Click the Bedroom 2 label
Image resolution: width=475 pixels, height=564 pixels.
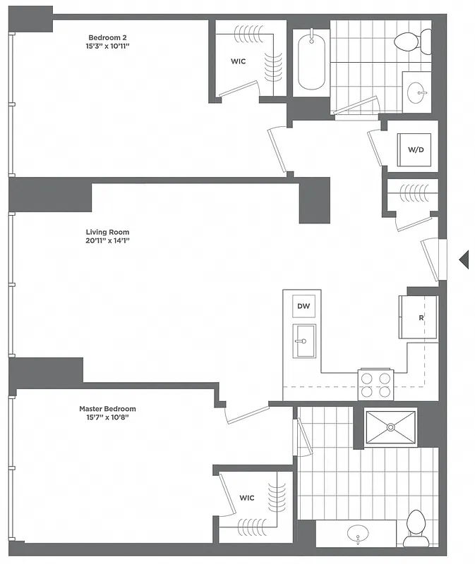tap(107, 37)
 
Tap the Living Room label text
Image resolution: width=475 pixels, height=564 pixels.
tap(107, 232)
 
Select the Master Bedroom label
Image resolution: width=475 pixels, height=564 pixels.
tap(107, 409)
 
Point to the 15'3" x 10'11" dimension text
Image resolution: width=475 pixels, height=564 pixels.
tap(107, 47)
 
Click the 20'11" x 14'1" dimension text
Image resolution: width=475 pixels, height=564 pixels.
tap(107, 241)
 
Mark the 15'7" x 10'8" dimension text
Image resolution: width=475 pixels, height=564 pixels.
tap(107, 417)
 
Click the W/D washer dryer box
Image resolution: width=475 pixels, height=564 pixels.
tap(416, 150)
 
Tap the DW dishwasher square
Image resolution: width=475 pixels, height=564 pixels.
tap(303, 306)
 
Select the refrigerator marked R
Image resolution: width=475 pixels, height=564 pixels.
tap(419, 317)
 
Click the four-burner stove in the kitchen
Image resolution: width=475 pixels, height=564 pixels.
tap(375, 386)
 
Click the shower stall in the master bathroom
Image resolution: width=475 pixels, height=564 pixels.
tap(390, 427)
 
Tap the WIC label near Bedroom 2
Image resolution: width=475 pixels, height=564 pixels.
tap(238, 61)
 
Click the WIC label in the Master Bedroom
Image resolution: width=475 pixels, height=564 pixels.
tap(246, 498)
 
